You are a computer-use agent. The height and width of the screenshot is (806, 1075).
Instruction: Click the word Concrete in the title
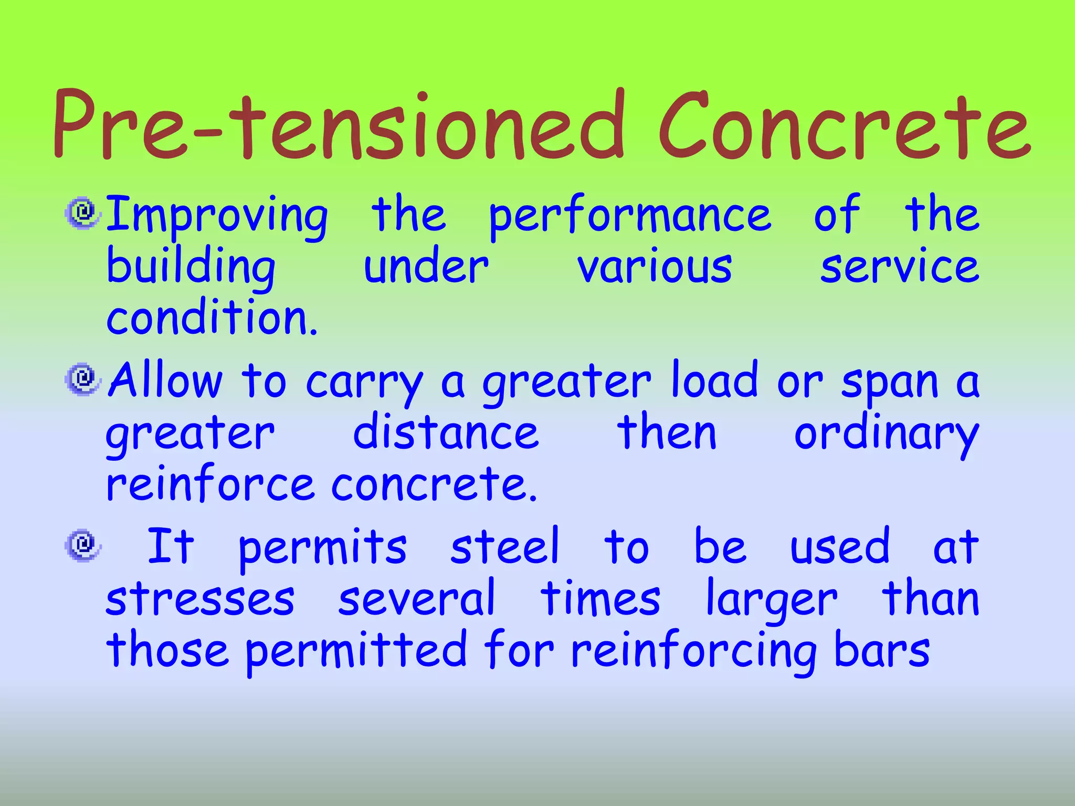(x=845, y=126)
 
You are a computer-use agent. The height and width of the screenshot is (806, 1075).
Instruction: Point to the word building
(x=191, y=268)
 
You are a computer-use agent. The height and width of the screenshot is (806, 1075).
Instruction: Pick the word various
(x=655, y=268)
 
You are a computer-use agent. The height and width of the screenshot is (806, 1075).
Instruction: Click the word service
(x=900, y=268)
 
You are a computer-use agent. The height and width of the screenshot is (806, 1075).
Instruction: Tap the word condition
(x=212, y=317)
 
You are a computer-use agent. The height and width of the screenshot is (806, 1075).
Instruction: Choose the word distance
(x=446, y=433)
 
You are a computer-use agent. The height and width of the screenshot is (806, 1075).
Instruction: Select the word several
(x=417, y=598)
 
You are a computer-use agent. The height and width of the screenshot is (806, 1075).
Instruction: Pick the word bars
(x=882, y=651)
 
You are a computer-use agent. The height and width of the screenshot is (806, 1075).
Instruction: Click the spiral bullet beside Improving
(x=82, y=213)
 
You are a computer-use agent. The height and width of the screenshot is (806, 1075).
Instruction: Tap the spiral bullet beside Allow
(x=82, y=379)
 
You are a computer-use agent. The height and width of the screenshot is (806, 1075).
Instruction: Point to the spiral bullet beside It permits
(x=82, y=545)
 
